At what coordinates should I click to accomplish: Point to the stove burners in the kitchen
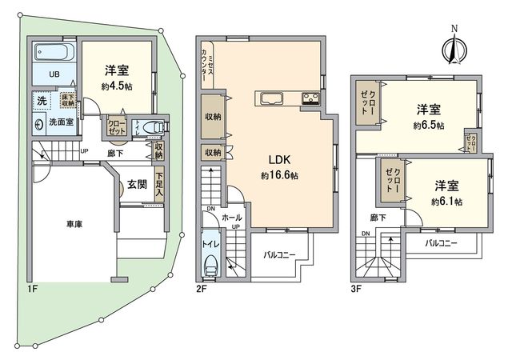tap(310, 99)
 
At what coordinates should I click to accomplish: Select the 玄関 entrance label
tap(136, 184)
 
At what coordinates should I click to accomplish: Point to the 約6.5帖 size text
tap(429, 126)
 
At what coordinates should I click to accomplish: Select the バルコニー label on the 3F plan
tap(441, 241)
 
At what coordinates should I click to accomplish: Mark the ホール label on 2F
tap(232, 216)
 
